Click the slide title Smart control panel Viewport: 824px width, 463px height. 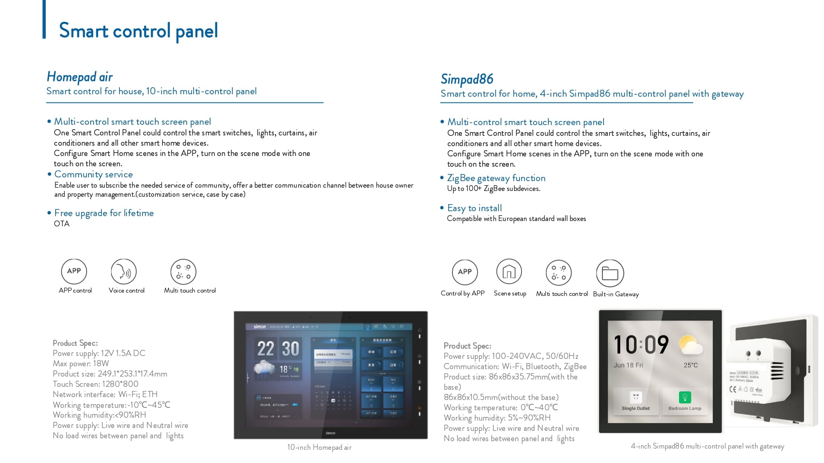pyautogui.click(x=138, y=31)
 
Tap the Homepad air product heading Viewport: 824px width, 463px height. pyautogui.click(x=80, y=77)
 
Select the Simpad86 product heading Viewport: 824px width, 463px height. pyautogui.click(x=467, y=79)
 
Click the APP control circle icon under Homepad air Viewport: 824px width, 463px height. pyautogui.click(x=74, y=271)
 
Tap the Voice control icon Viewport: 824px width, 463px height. pyautogui.click(x=124, y=272)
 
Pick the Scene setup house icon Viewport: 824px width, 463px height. pyautogui.click(x=509, y=272)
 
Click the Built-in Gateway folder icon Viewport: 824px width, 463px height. pyautogui.click(x=610, y=273)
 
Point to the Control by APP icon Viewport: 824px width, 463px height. pyautogui.click(x=465, y=272)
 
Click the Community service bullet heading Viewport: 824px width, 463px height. pyautogui.click(x=94, y=174)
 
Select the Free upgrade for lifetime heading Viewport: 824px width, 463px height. pyautogui.click(x=104, y=213)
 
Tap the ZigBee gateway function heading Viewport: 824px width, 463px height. pyautogui.click(x=496, y=178)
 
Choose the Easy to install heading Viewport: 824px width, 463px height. pyautogui.click(x=474, y=208)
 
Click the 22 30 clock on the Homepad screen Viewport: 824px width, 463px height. pyautogui.click(x=278, y=349)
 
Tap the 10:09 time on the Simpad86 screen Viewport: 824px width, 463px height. pyautogui.click(x=641, y=345)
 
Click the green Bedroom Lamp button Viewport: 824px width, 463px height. pyautogui.click(x=685, y=397)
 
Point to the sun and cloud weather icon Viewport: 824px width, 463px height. pyautogui.click(x=691, y=345)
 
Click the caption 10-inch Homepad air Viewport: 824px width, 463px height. pyautogui.click(x=319, y=447)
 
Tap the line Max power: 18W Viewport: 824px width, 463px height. pyautogui.click(x=81, y=364)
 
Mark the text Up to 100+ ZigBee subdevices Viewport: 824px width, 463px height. pyautogui.click(x=494, y=189)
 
